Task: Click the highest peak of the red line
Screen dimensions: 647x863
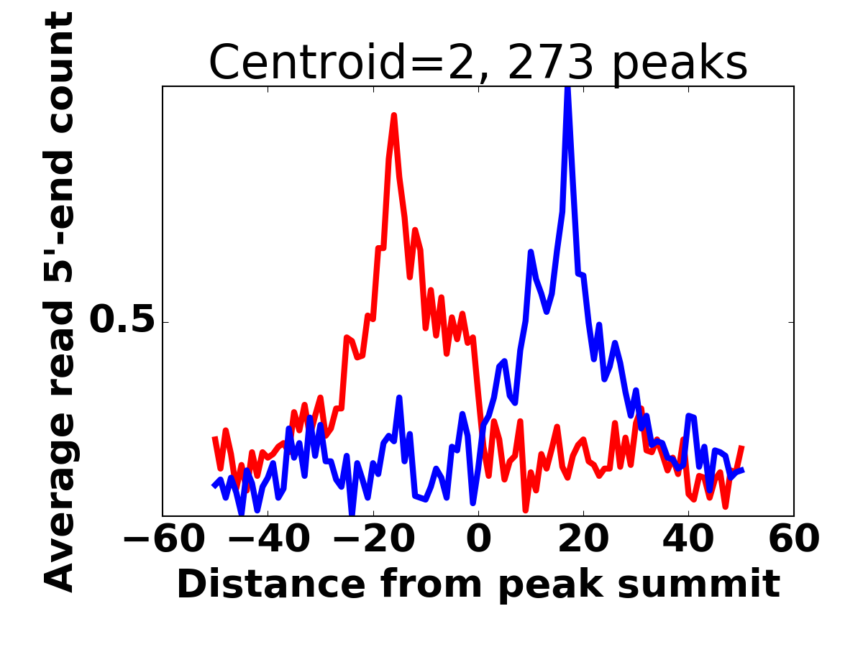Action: pos(394,115)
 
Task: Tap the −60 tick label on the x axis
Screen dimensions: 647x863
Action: pos(163,538)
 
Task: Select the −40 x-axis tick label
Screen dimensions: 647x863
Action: pos(268,538)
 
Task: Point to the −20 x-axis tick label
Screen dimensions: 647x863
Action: pos(373,538)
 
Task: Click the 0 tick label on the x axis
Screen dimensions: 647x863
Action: pos(478,538)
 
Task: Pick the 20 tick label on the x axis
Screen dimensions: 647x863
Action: pos(583,538)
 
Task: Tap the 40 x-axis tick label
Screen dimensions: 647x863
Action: pos(688,538)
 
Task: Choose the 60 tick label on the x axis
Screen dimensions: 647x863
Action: pos(793,538)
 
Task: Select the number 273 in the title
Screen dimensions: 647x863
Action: pos(552,63)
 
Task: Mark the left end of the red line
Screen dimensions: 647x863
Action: pos(214,437)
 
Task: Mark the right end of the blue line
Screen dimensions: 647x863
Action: pos(742,469)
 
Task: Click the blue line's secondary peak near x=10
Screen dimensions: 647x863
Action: pos(530,252)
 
